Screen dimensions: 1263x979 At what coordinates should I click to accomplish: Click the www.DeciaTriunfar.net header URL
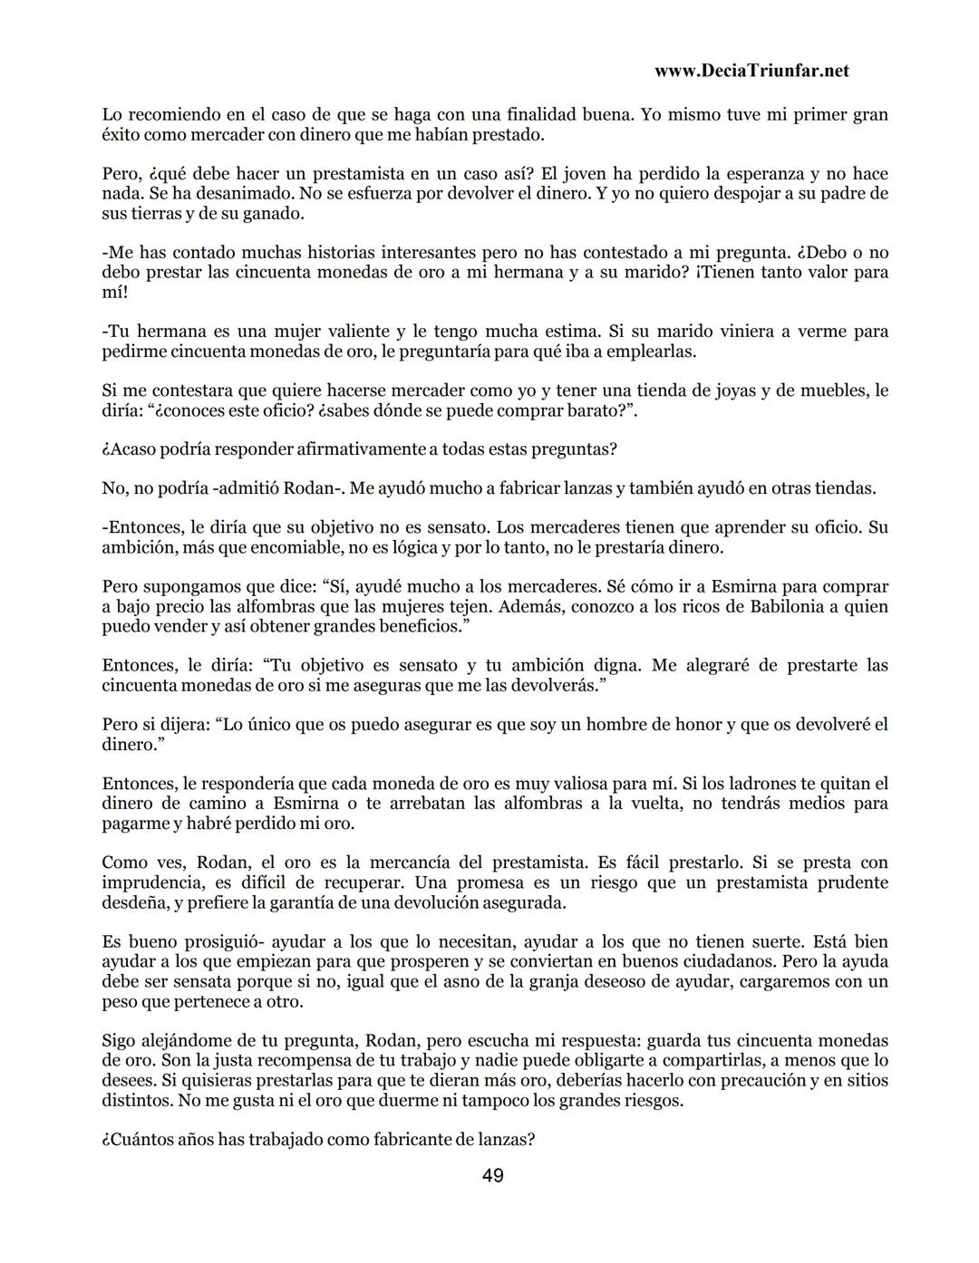751,71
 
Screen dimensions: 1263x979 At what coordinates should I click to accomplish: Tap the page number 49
493,1176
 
